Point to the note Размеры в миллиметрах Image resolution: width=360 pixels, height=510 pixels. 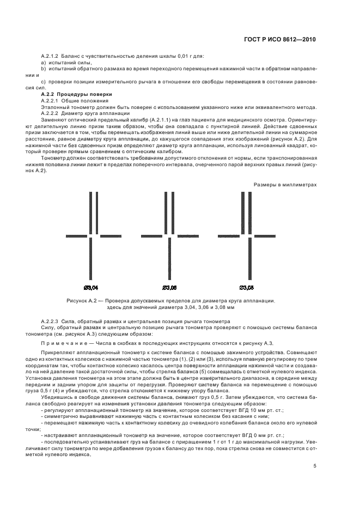point(285,185)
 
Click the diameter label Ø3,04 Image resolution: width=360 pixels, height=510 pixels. point(91,286)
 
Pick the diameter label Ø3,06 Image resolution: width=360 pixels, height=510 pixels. point(169,286)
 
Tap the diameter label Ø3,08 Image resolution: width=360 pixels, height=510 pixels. point(246,286)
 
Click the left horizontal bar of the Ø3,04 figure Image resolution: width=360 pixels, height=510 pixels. point(79,236)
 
